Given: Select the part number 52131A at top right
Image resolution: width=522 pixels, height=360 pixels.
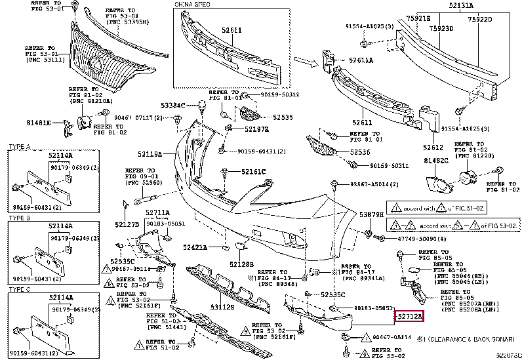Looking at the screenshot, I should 481,6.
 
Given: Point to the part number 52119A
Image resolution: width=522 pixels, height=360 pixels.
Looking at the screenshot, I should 150,154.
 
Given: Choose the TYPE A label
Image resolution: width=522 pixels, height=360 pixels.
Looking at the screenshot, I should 20,147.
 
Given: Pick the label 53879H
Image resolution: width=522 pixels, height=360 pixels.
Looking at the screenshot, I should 371,214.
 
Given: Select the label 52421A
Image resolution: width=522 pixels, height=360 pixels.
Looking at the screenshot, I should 195,247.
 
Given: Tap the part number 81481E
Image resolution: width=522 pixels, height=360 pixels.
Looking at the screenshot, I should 39,123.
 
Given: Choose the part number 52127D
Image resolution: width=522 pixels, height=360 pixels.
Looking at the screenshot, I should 127,224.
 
